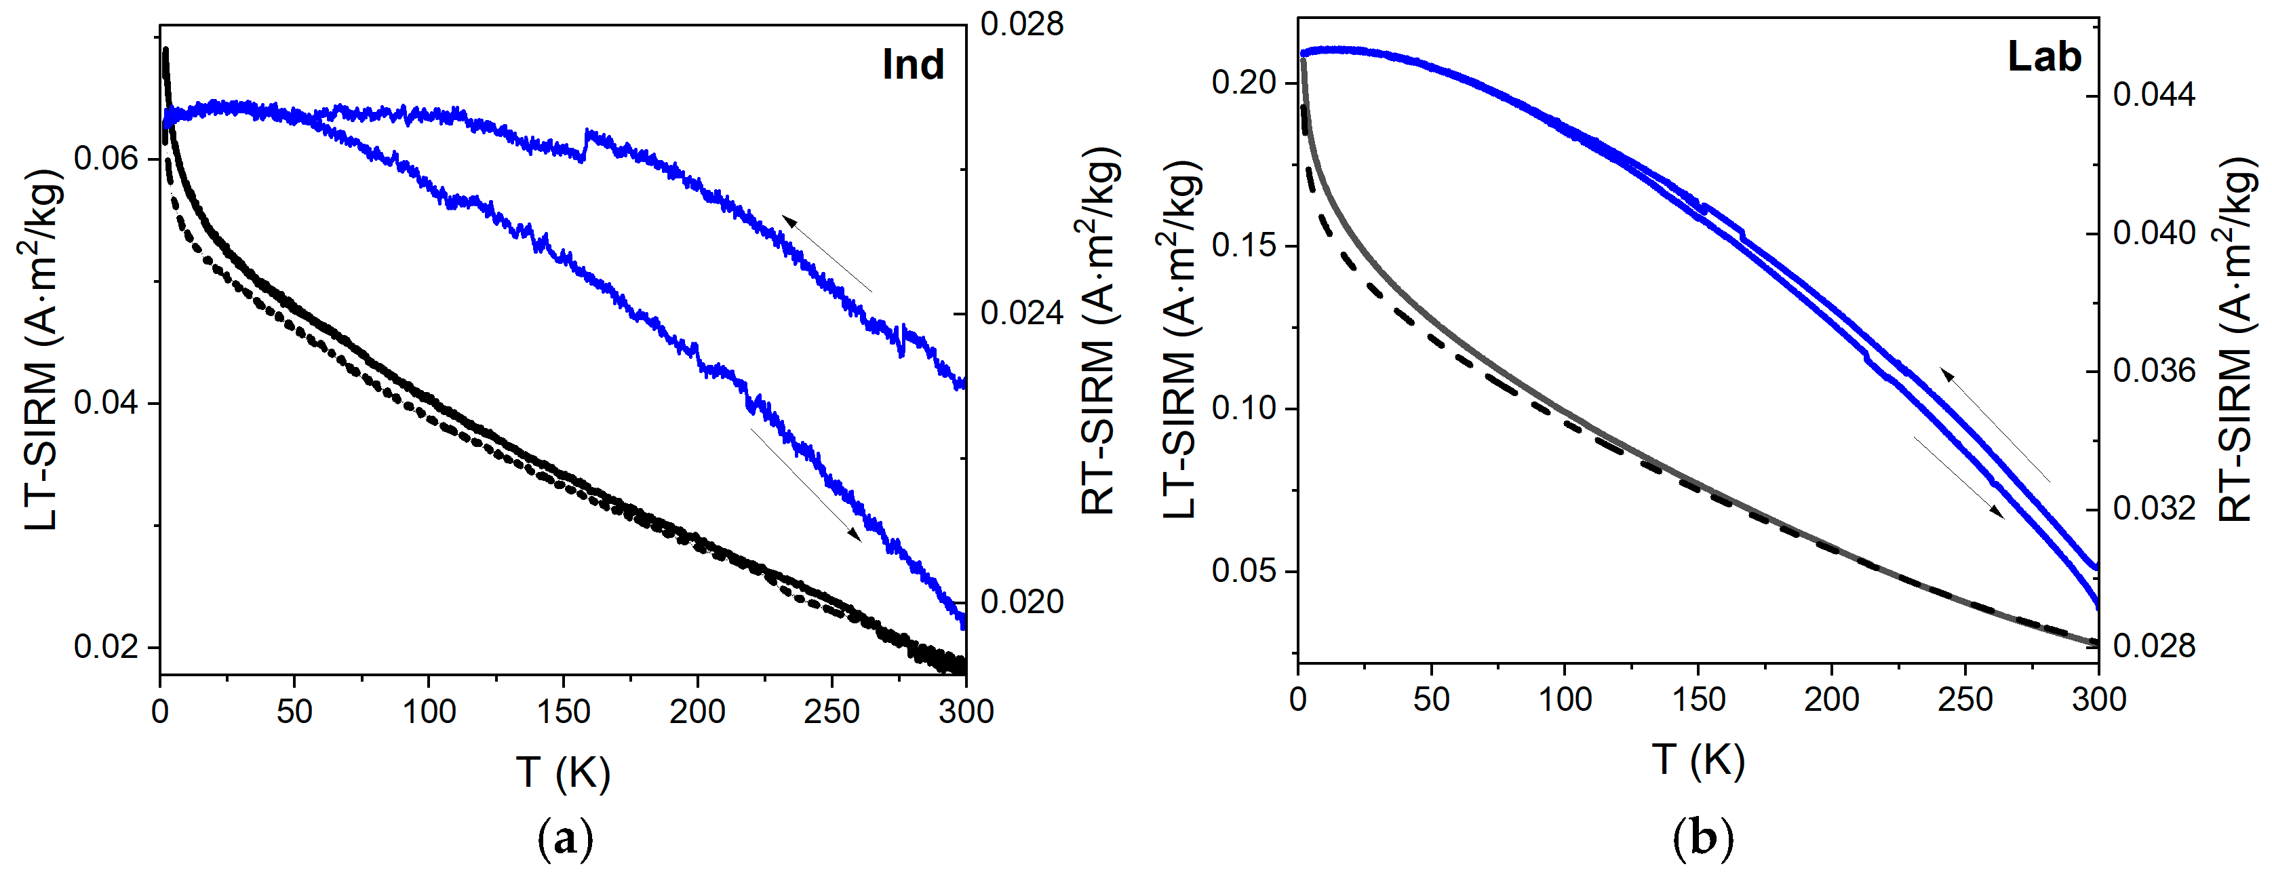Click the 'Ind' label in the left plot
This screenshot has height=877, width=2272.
point(913,64)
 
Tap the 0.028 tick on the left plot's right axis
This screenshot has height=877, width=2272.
point(1021,24)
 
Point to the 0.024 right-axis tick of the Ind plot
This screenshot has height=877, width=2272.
point(1021,313)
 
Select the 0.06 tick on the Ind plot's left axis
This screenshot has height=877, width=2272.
point(106,159)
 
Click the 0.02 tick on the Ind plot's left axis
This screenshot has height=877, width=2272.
point(106,646)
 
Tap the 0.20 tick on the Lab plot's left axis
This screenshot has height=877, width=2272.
point(1244,82)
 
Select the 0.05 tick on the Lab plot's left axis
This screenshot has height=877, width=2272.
point(1244,571)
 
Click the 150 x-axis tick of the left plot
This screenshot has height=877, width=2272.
point(563,711)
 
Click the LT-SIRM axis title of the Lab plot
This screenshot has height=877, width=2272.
point(1179,340)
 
